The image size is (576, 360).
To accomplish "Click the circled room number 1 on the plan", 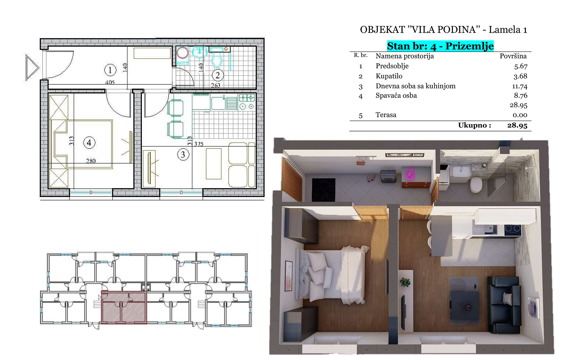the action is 110,70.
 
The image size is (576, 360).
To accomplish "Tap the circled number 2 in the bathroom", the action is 218,75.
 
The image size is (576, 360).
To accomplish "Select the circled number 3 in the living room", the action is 183,155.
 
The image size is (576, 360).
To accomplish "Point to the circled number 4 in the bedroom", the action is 89,142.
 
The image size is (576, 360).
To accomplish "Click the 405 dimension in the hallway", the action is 110,82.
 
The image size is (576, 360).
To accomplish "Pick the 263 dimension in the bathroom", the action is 215,85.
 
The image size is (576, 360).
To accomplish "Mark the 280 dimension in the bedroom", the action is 91,161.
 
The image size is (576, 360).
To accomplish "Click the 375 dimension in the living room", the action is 199,144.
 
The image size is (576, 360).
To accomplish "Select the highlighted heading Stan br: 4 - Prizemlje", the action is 440,46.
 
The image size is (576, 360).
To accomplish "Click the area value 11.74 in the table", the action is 520,86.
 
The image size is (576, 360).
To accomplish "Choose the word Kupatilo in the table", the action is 389,76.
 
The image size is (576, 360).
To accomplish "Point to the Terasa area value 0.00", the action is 520,115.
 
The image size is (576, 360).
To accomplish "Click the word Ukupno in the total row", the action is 475,125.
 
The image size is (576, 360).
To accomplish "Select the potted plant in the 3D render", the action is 405,282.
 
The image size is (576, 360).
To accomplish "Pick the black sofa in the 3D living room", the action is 504,304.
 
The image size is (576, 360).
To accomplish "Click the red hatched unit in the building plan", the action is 124,307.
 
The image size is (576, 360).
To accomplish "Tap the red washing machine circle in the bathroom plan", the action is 182,53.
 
